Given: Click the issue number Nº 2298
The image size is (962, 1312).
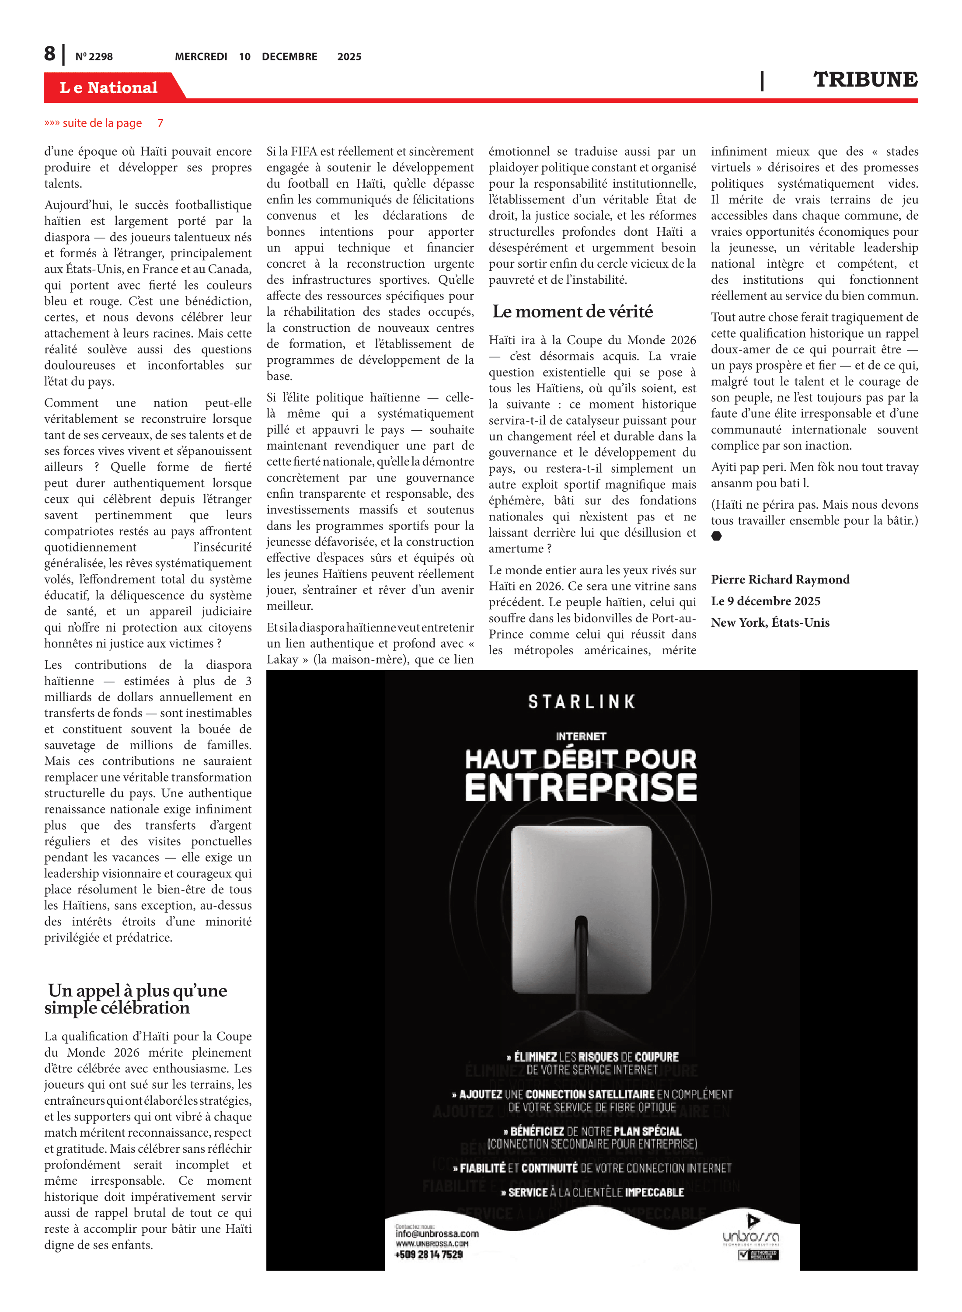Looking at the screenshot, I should coord(94,56).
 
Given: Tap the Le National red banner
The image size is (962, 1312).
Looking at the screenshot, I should coord(109,87).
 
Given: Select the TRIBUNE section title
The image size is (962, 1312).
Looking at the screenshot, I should coord(865,79).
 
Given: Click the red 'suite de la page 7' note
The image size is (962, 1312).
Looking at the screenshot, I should coord(104,123).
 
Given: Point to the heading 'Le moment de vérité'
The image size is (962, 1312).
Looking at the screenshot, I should coord(572,311).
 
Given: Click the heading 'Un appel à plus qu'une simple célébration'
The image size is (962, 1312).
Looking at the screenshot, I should coord(137,999).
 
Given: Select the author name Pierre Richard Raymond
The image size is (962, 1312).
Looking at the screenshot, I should coord(780,579).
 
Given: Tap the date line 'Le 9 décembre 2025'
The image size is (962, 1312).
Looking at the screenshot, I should coord(765,601).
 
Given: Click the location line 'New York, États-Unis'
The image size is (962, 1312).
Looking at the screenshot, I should coord(770,622).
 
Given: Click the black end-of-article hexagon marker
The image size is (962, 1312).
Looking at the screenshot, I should coord(716,536).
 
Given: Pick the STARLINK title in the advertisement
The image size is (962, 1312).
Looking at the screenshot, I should coord(581,702).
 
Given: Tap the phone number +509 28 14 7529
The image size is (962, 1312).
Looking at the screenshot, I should coord(429,1254).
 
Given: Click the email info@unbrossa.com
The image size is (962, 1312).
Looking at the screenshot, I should coord(437,1233).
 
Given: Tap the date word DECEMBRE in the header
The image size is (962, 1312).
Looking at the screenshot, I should coord(289,56).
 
